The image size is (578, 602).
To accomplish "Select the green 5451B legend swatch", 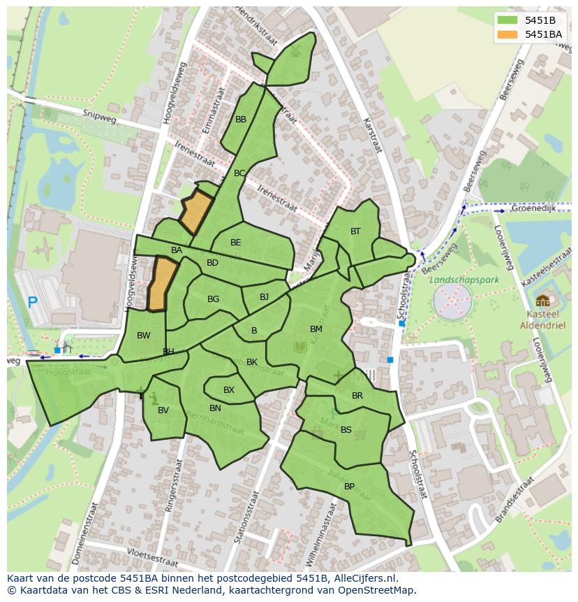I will point(508,20).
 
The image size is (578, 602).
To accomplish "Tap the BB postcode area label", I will point(241,120).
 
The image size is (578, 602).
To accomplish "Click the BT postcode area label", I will point(355,231).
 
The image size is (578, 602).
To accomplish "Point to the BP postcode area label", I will point(349,487).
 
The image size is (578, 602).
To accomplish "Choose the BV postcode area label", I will point(163,410).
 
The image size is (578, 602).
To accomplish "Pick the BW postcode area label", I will point(143,336).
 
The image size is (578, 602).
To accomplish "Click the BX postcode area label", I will point(229,390).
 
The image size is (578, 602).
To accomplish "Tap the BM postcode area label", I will point(316,329).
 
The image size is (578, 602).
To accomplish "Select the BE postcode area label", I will point(236,243).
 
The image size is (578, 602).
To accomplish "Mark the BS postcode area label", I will point(346,430).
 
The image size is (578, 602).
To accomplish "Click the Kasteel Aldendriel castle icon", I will point(542,301).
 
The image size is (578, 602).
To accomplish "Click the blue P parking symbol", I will point(32,303).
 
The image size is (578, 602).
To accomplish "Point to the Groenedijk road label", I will point(533,208).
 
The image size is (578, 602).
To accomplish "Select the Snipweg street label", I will point(97,115).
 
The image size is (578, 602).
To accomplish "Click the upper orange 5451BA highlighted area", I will point(196,211).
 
